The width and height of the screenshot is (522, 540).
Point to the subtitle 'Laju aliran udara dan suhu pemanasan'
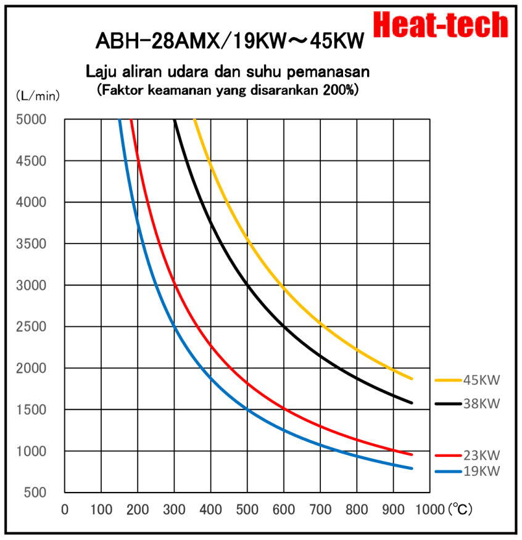click(x=228, y=72)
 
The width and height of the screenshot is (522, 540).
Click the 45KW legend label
click(x=482, y=380)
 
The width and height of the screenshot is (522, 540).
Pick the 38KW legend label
click(x=482, y=404)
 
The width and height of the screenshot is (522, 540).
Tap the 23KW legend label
click(x=482, y=456)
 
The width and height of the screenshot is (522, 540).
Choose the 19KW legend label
click(x=482, y=472)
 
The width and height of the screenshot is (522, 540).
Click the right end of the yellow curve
click(x=411, y=378)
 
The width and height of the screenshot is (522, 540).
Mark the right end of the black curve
click(x=411, y=403)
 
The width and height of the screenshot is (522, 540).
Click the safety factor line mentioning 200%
click(x=228, y=89)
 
